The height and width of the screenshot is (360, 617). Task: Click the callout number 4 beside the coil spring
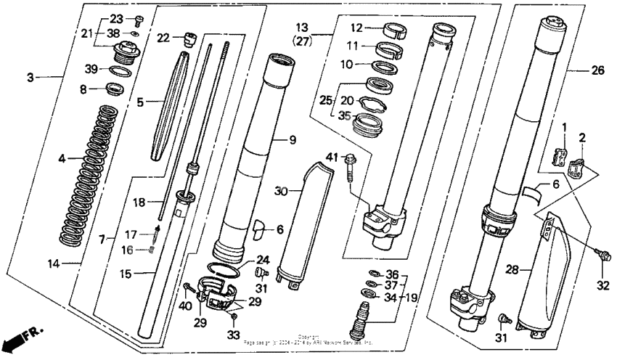click(x=63, y=157)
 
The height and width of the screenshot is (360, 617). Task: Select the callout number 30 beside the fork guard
click(x=283, y=190)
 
